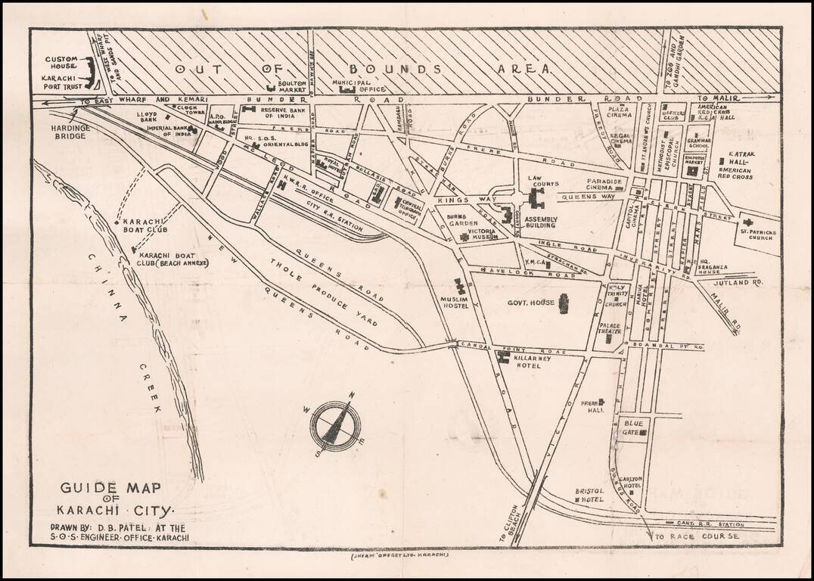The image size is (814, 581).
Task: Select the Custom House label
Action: (x=62, y=64)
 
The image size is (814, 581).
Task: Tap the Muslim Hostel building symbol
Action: (x=458, y=287)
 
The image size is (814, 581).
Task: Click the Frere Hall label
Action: (x=591, y=405)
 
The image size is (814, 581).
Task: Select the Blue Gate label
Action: (x=632, y=428)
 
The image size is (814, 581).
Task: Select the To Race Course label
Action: (x=696, y=536)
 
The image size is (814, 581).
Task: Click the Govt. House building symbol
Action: (x=563, y=303)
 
